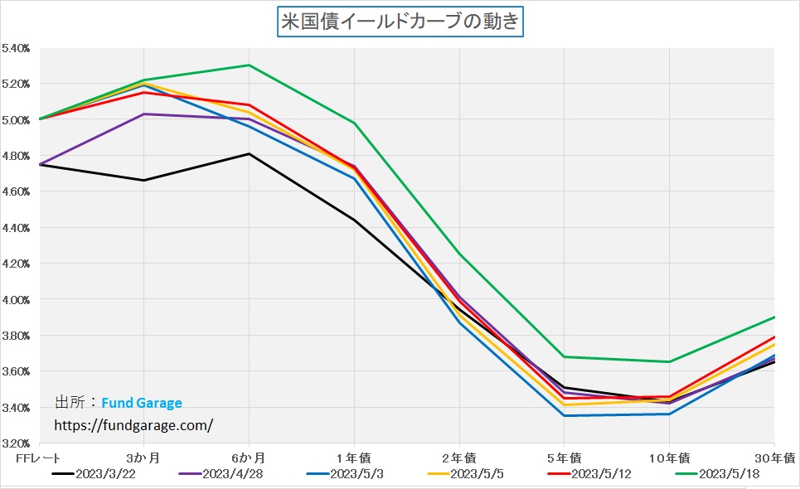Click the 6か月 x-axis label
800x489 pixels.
[249, 458]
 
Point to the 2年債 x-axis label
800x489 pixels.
[459, 458]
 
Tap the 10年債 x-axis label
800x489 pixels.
[669, 458]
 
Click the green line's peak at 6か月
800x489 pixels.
[249, 65]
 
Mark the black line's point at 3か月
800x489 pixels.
[144, 180]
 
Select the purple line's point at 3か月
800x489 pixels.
[144, 114]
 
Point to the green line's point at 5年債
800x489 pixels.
[564, 356]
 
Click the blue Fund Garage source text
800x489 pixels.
[142, 404]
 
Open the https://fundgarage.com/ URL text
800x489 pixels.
[133, 424]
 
